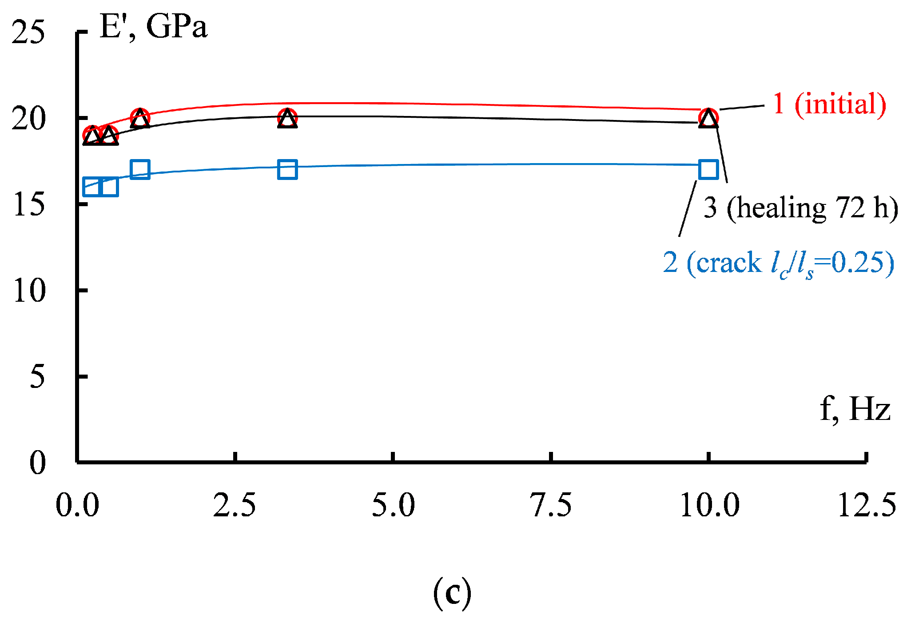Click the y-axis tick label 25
(x=28, y=32)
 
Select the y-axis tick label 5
(x=37, y=377)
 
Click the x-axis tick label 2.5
(x=234, y=505)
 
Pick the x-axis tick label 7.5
(x=551, y=505)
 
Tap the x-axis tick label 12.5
(x=867, y=505)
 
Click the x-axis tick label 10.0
(x=709, y=505)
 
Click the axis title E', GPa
(x=154, y=27)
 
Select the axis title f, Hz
(x=855, y=409)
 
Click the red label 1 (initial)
(x=829, y=104)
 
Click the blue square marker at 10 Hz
(x=708, y=169)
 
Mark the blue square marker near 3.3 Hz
(x=287, y=169)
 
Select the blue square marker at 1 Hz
(x=140, y=169)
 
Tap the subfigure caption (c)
(x=452, y=593)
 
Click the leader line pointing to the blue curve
(x=687, y=209)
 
